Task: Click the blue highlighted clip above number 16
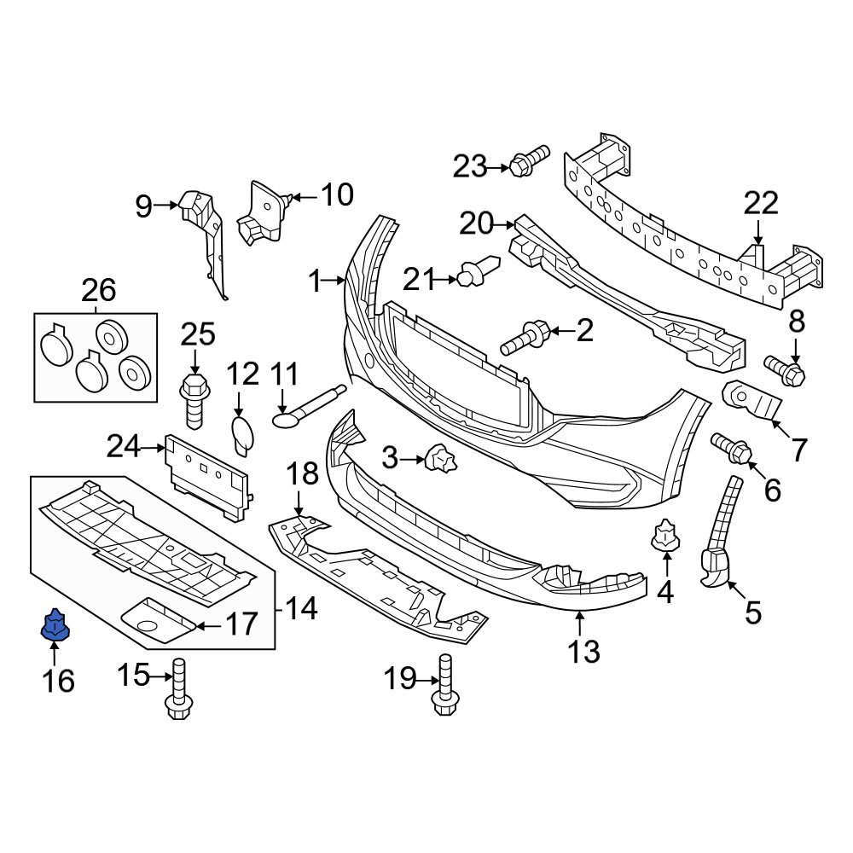coord(55,626)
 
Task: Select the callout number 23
coord(468,166)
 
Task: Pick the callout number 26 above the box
coord(98,291)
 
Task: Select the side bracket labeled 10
coord(263,213)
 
